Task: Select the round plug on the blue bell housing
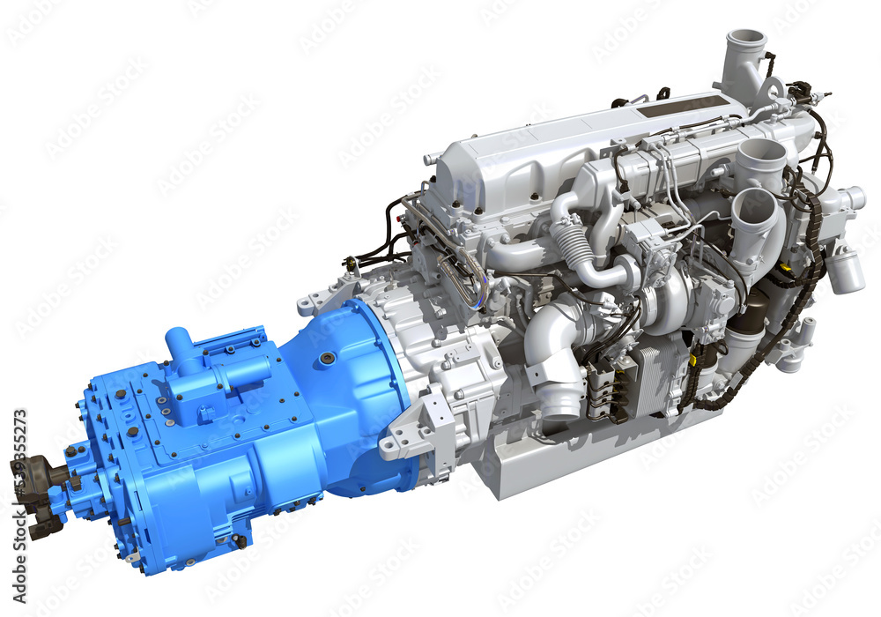pyautogui.click(x=328, y=359)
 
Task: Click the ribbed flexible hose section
pyautogui.click(x=575, y=247)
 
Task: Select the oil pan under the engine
pyautogui.click(x=564, y=458)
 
